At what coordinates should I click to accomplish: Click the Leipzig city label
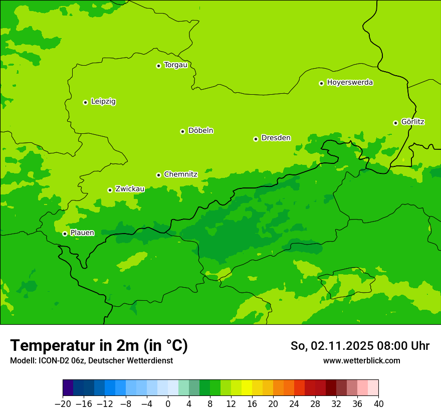click(x=103, y=102)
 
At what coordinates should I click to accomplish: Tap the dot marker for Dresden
click(x=256, y=139)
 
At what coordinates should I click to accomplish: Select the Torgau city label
click(x=175, y=65)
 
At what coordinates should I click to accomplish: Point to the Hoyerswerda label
click(x=350, y=83)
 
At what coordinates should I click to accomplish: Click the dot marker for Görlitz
click(x=395, y=123)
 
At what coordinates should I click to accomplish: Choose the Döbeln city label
click(x=200, y=131)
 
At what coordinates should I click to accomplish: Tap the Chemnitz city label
click(x=180, y=174)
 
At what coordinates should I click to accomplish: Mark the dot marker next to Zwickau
click(x=110, y=190)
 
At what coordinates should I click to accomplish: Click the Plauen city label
click(x=82, y=233)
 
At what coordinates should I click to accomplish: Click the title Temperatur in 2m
click(x=99, y=345)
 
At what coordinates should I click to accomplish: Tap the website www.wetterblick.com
click(x=361, y=361)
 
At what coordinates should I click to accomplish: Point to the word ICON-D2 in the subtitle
click(x=48, y=361)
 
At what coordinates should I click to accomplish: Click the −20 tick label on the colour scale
click(x=63, y=404)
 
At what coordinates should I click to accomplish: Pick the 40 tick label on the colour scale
click(x=378, y=404)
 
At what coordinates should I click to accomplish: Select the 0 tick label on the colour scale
click(x=168, y=404)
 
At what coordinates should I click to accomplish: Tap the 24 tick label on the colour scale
click(x=294, y=404)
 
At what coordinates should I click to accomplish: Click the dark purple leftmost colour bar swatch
click(x=68, y=388)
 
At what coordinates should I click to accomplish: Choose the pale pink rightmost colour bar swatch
click(x=373, y=388)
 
